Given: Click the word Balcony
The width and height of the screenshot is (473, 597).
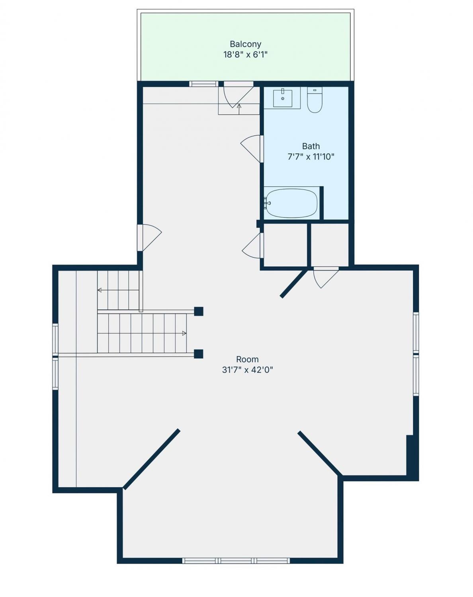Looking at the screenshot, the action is (245, 44).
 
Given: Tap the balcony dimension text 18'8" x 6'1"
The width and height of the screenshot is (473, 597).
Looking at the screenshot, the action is (245, 55).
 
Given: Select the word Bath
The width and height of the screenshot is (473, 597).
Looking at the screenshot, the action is (311, 146).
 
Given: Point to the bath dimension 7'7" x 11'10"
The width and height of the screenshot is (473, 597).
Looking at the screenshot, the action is (311, 157).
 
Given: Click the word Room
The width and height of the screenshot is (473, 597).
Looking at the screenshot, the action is (247, 359).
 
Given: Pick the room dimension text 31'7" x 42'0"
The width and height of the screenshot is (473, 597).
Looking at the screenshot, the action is (247, 370).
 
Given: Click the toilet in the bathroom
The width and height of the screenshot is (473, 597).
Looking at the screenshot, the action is (315, 100).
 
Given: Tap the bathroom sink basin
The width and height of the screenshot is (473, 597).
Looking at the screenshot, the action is (283, 98).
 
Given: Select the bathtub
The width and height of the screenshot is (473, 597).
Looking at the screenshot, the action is (291, 203).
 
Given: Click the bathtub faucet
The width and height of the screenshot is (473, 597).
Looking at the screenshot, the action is (267, 203).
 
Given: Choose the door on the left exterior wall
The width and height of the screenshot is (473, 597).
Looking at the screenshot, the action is (150, 238).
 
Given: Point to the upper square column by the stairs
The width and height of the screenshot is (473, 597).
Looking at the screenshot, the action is (198, 311).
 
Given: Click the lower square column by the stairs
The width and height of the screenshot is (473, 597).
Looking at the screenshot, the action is (198, 354).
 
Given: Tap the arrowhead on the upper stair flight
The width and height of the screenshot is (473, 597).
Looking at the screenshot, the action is (100, 290).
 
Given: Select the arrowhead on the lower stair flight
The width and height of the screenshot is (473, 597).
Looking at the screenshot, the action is (184, 333).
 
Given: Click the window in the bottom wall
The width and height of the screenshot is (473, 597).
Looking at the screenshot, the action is (236, 530).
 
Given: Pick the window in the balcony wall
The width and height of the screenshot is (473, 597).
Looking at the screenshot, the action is (203, 84).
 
